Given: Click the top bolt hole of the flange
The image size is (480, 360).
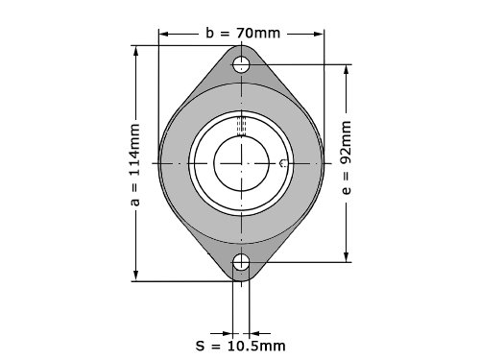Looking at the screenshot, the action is pyautogui.click(x=241, y=64).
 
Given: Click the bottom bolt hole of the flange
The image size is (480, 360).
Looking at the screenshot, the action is pyautogui.click(x=241, y=262).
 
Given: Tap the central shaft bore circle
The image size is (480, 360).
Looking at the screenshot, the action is pyautogui.click(x=241, y=163).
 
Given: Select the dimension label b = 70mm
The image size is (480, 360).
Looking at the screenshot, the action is pyautogui.click(x=243, y=33).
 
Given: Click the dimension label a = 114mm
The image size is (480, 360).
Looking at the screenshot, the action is pyautogui.click(x=135, y=164).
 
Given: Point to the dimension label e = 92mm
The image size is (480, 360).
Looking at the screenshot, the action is pyautogui.click(x=347, y=157).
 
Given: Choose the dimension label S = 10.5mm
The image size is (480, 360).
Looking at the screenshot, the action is pyautogui.click(x=240, y=346).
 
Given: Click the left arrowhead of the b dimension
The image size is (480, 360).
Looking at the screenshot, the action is pyautogui.click(x=163, y=34).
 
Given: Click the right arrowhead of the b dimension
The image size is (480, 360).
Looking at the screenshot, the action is pyautogui.click(x=319, y=34).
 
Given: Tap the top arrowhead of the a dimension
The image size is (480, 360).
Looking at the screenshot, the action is pyautogui.click(x=136, y=51).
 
